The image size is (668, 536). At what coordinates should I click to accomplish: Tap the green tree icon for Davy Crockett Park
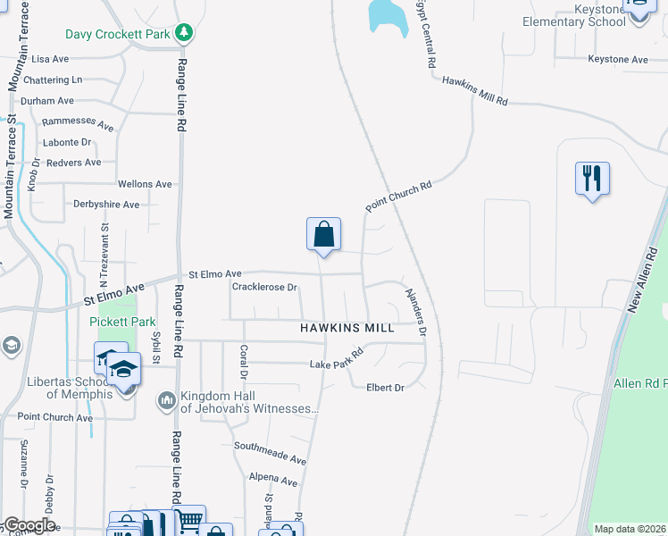pos(185,33)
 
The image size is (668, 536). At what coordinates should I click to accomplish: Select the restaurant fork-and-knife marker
pos(592,179)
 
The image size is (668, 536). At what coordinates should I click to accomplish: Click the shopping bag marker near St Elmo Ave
pos(324,235)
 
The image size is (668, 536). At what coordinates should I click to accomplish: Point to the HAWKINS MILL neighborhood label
pos(347,328)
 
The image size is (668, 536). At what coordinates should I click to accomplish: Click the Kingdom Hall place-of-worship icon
pos(167,401)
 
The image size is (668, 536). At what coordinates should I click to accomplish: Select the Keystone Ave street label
pos(617,59)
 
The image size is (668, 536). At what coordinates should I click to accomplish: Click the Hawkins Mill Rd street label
pos(475,91)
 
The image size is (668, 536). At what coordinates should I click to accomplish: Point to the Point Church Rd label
pos(398,197)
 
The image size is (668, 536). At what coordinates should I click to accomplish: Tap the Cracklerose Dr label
pos(264,288)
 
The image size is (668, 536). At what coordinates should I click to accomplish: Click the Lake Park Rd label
pos(337,359)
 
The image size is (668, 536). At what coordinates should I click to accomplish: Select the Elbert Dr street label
pos(385,388)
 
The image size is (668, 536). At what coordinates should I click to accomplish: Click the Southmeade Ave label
pos(270,452)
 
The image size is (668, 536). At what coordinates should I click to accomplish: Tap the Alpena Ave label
pos(273,481)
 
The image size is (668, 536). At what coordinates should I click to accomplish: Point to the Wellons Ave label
pos(145,184)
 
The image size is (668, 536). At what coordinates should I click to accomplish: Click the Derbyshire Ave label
pos(106,205)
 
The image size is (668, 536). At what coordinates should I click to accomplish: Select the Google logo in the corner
pos(29,525)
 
